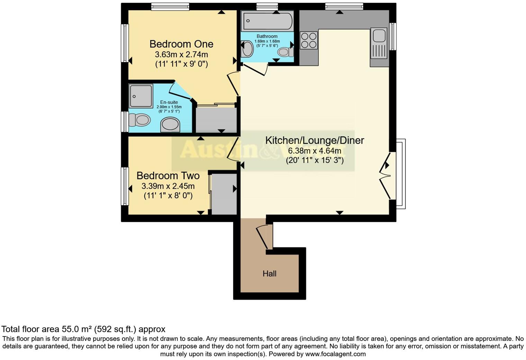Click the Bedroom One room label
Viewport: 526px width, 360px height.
181,44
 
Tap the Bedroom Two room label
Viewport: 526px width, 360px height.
168,175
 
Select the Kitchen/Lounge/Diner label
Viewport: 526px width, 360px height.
314,140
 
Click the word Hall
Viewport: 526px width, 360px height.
269,274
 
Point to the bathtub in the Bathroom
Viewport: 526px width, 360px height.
267,21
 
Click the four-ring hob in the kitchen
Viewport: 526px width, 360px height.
308,40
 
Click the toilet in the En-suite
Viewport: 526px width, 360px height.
139,120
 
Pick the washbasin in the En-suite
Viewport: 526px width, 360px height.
170,125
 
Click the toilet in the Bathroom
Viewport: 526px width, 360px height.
285,52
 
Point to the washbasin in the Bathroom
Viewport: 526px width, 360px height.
247,49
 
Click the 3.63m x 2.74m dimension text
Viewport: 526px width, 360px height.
181,55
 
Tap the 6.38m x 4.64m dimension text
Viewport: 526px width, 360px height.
314,151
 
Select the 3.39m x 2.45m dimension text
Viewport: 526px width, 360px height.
168,186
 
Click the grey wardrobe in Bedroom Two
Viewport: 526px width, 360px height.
224,194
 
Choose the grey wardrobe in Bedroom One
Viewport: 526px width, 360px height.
216,120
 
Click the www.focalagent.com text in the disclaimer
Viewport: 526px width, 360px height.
335,354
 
